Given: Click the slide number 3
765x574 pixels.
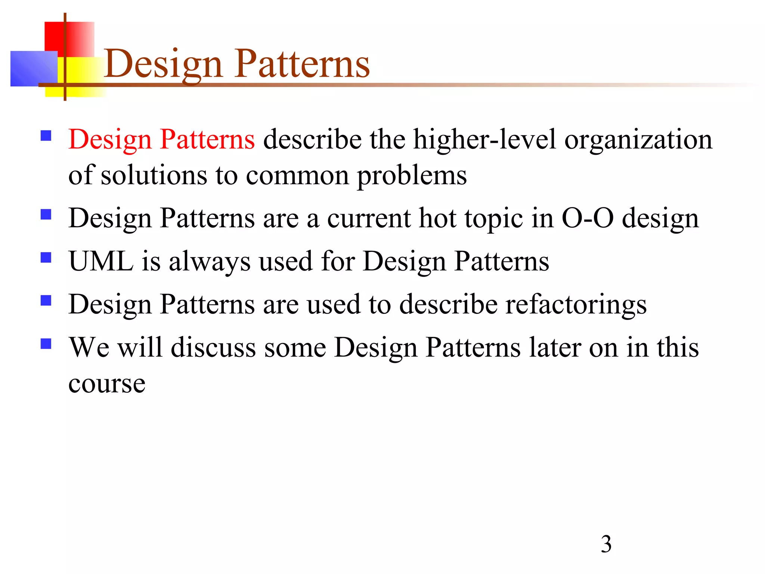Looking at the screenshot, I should pos(606,544).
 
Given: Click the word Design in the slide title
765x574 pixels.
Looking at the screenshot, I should pos(164,64).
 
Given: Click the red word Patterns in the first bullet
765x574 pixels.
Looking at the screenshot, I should pos(207,139).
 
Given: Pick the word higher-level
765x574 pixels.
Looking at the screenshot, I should pos(484,139).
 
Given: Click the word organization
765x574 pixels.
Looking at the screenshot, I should pos(638,139).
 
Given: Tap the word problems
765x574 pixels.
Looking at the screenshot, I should pos(412,176).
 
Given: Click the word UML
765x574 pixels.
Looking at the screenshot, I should pos(101,261).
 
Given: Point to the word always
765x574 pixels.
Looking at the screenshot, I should pos(210,261).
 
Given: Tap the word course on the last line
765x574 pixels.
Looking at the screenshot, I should pos(107,384).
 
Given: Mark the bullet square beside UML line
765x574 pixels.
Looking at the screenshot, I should pos(46,258).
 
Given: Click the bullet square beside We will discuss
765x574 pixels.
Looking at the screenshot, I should pos(46,344).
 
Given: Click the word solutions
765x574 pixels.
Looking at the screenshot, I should pos(154,176).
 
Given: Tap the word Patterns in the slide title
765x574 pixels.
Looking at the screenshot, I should pos(302,64).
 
